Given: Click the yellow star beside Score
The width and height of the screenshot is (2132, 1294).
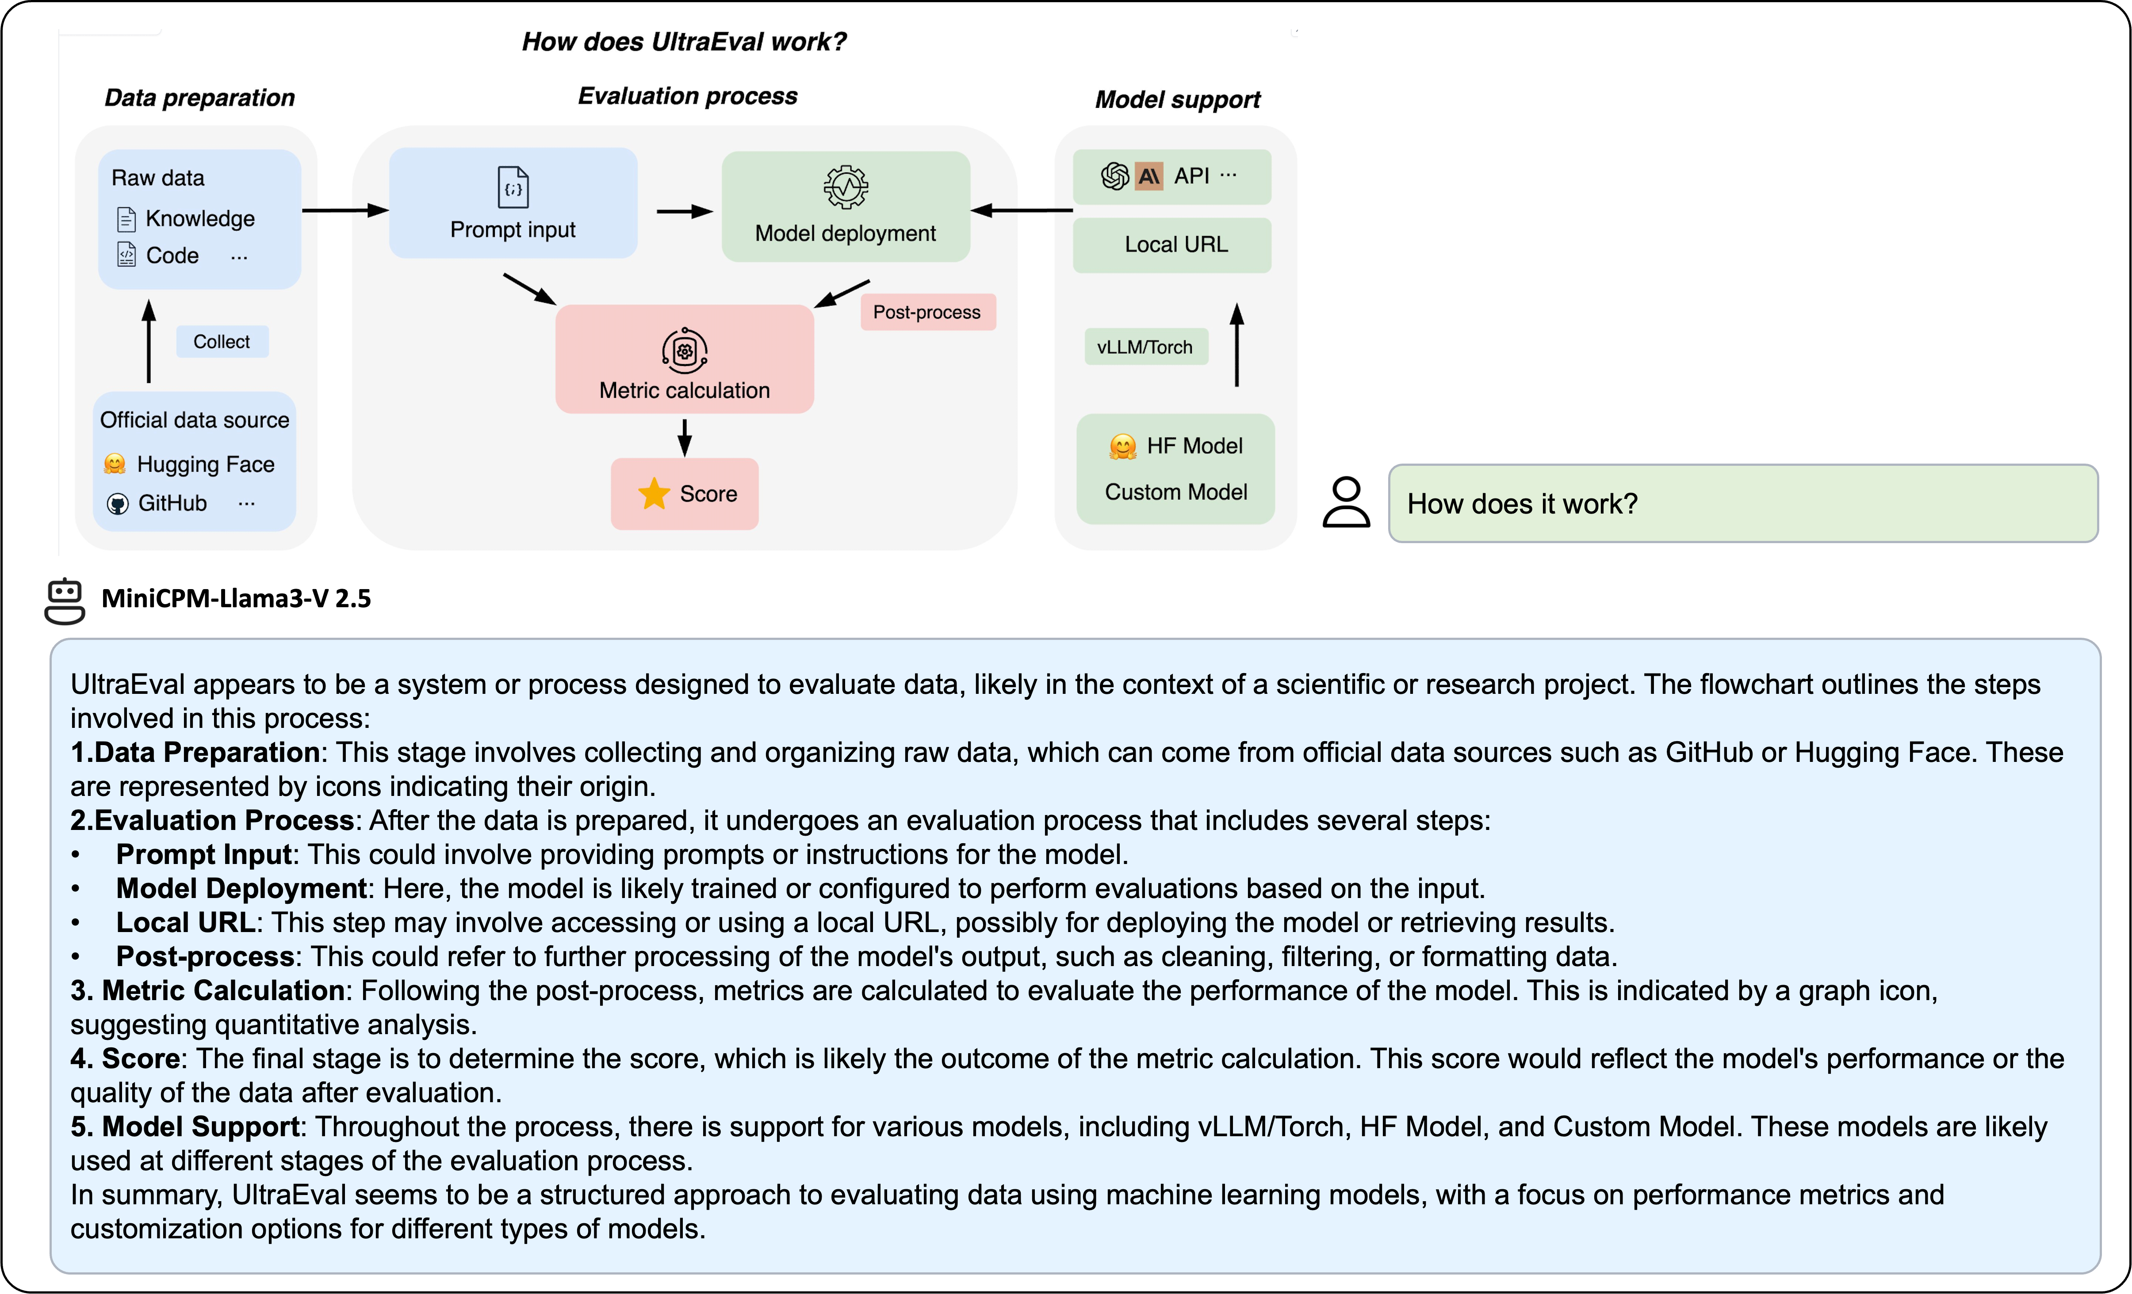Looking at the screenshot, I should click(x=654, y=494).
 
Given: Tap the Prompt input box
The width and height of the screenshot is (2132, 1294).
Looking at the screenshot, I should click(x=513, y=203).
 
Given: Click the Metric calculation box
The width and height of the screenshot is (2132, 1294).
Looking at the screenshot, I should click(x=685, y=359).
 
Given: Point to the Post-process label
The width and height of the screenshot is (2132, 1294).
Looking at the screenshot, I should click(x=926, y=312).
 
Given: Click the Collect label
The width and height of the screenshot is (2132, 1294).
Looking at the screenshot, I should click(x=222, y=342).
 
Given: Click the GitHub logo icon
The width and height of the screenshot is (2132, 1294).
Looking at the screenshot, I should click(x=118, y=503).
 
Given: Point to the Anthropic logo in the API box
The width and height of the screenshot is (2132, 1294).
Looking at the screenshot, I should click(x=1149, y=176).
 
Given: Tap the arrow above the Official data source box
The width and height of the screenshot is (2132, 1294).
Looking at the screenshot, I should click(x=149, y=342).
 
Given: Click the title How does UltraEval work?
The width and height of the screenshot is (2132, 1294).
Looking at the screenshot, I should click(x=684, y=42).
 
